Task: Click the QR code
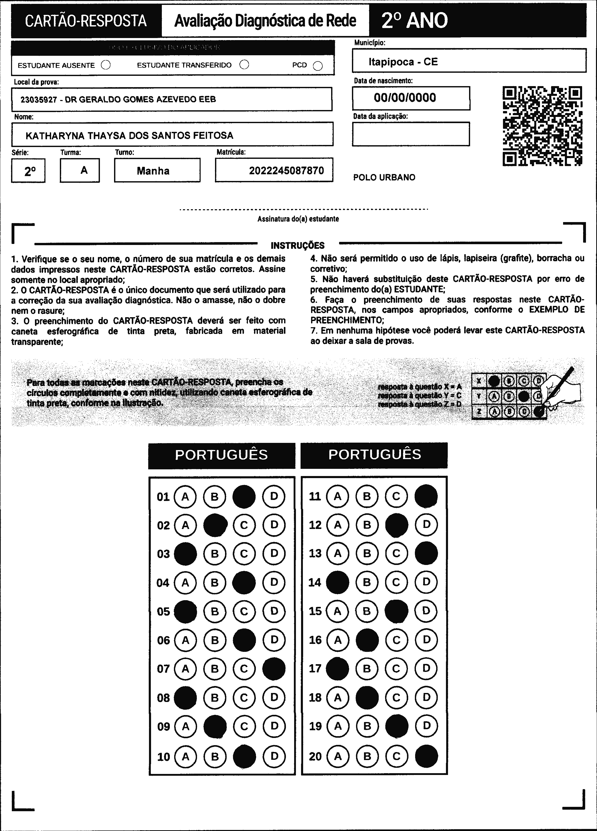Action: point(543,126)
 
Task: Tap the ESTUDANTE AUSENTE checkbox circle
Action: point(106,65)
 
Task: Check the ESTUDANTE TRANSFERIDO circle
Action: point(244,65)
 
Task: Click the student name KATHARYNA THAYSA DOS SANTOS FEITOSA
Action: point(129,135)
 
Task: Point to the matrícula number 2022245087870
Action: point(286,170)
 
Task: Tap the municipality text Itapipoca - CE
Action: point(403,61)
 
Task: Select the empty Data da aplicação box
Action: point(411,134)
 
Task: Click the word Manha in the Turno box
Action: point(153,171)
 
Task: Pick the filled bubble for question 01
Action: point(244,497)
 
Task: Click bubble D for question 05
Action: point(274,611)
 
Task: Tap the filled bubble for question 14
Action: point(337,582)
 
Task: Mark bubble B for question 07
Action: point(214,669)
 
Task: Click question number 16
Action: point(315,640)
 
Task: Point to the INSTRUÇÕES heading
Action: point(297,245)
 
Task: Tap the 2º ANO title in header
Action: point(414,21)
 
